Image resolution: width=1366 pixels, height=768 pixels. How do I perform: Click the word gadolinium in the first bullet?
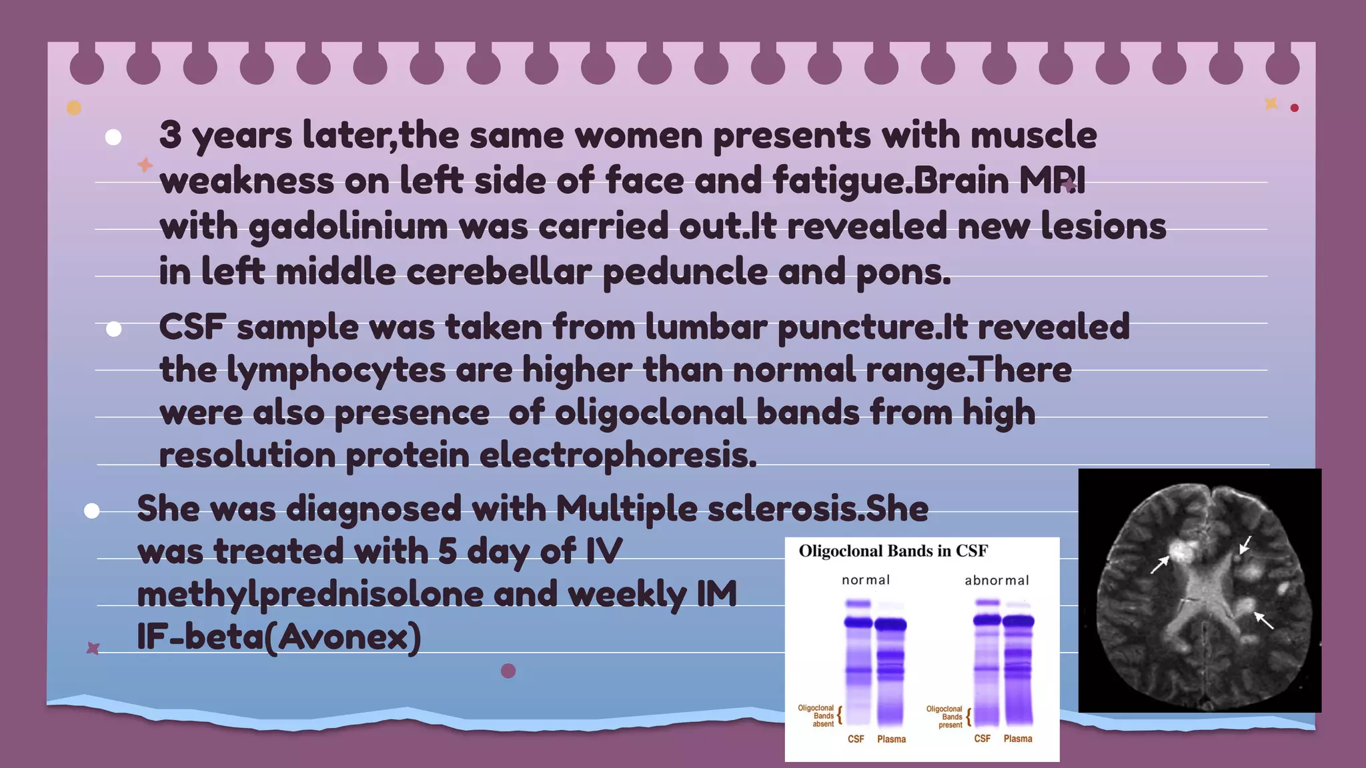[x=348, y=227]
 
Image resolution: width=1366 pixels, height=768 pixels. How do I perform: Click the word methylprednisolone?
[x=309, y=594]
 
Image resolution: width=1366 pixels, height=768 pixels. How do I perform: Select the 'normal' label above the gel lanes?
[x=865, y=580]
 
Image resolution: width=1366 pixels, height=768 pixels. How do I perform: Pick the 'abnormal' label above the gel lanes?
[x=996, y=581]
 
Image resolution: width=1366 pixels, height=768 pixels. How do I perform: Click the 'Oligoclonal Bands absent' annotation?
[x=816, y=716]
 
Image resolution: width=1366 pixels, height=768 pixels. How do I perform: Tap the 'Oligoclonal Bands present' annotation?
[x=944, y=717]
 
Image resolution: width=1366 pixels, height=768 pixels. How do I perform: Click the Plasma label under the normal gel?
[x=891, y=739]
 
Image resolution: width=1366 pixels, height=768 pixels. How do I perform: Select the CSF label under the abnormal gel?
[x=982, y=739]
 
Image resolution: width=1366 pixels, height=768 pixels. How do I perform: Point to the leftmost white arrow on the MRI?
[x=1160, y=564]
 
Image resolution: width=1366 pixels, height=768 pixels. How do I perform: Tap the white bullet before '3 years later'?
[x=113, y=137]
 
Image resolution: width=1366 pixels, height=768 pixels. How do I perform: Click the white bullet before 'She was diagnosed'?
[x=92, y=511]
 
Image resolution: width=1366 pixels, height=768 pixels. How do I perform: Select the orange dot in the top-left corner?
[x=74, y=108]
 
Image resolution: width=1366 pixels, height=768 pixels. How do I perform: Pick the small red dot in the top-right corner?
[x=1295, y=108]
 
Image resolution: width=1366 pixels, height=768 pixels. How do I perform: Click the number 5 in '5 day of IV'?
[x=447, y=551]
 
